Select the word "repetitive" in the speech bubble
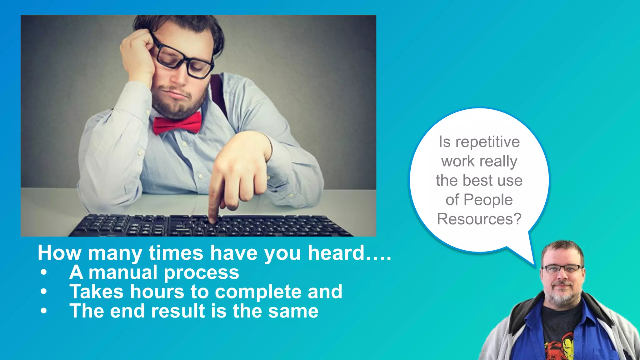(x=487, y=142)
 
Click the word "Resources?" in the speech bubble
(x=479, y=219)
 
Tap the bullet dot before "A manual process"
(x=44, y=272)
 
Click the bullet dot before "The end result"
(x=44, y=311)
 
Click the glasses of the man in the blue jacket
(x=562, y=269)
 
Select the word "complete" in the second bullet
(x=258, y=292)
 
